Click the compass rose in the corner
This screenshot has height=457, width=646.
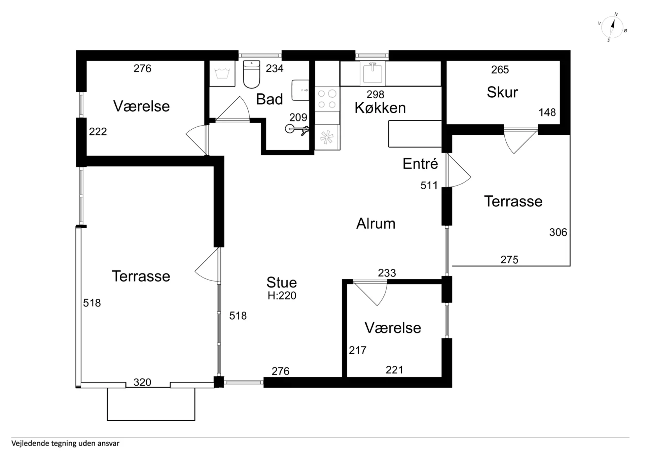pos(612,27)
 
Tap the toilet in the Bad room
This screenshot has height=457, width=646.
pos(251,74)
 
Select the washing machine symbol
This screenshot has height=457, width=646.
pos(222,73)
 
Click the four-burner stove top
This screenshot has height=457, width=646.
pos(327,99)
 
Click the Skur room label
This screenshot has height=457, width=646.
pos(502,92)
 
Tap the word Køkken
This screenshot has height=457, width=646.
pos(380,108)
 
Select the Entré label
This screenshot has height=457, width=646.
pos(420,164)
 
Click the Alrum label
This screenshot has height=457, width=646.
pos(376,224)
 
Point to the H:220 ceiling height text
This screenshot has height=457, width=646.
pos(282,296)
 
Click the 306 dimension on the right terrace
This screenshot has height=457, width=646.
pos(558,232)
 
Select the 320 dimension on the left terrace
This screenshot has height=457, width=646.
pos(142,382)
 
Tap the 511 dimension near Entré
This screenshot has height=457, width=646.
pos(429,186)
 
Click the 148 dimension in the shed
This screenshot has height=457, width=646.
pos(547,112)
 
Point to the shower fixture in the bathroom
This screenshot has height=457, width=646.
pos(297,129)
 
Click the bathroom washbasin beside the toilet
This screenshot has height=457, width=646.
pos(300,90)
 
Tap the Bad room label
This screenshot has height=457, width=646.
pos(269,99)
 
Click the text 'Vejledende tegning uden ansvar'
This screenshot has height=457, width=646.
pos(65,444)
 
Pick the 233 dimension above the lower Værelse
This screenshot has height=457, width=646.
pos(387,273)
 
